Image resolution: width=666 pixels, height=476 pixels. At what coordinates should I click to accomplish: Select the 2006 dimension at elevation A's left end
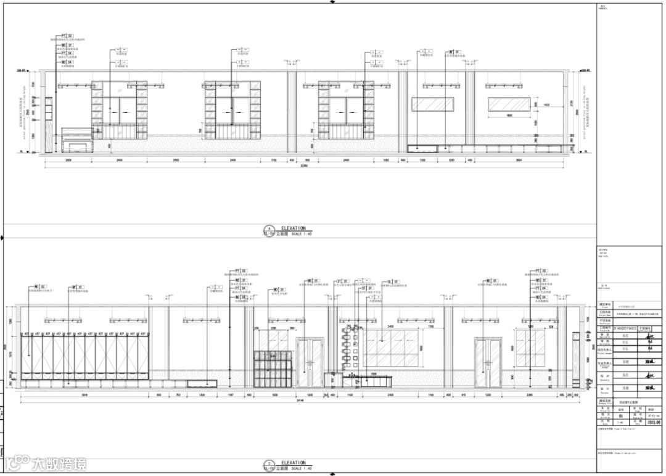[x=68, y=160]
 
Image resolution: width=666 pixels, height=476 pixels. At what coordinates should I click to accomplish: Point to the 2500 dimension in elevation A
[x=176, y=160]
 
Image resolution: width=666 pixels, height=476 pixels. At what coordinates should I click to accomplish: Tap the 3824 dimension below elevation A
[x=519, y=160]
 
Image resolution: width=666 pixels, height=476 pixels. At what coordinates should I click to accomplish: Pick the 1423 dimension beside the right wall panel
[x=546, y=105]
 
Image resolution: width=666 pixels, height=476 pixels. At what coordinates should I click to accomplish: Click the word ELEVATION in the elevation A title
[x=294, y=228]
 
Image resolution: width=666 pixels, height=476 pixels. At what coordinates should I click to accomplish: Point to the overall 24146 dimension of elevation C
[x=301, y=401]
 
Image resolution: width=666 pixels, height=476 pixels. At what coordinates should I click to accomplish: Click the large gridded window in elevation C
[x=393, y=348]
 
